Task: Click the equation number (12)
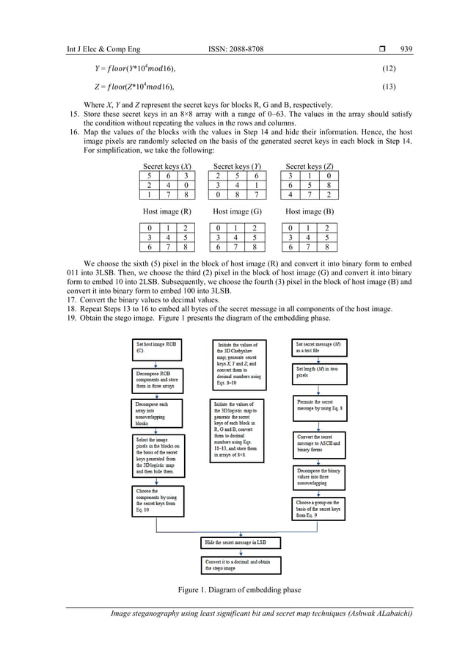(394, 68)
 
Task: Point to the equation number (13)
(394, 87)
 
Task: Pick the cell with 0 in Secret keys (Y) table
(219, 195)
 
